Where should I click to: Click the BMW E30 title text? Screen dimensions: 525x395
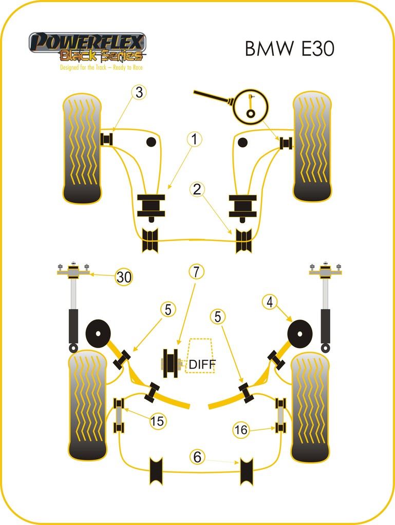pyautogui.click(x=289, y=48)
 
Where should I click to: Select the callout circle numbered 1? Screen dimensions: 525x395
pyautogui.click(x=195, y=139)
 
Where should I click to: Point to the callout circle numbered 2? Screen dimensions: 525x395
pyautogui.click(x=197, y=189)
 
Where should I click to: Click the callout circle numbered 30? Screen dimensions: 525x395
pyautogui.click(x=123, y=277)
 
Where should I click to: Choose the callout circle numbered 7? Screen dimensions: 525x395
pyautogui.click(x=196, y=272)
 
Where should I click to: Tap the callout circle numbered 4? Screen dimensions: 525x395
pyautogui.click(x=270, y=302)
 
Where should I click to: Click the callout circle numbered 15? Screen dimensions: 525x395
pyautogui.click(x=158, y=421)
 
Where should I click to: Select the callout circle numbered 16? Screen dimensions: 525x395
pyautogui.click(x=241, y=430)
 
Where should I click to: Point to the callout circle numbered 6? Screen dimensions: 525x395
pyautogui.click(x=197, y=456)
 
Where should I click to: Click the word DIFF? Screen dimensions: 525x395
pyautogui.click(x=202, y=365)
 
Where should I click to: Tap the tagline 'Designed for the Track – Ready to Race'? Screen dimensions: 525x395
pyautogui.click(x=101, y=67)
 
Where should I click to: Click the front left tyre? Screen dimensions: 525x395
pyautogui.click(x=82, y=149)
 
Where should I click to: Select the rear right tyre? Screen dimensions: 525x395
pyautogui.click(x=310, y=408)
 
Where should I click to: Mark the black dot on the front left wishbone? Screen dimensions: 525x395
pyautogui.click(x=151, y=142)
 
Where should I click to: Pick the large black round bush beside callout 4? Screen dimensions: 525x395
pyautogui.click(x=300, y=333)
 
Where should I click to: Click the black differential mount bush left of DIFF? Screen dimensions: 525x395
pyautogui.click(x=170, y=363)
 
